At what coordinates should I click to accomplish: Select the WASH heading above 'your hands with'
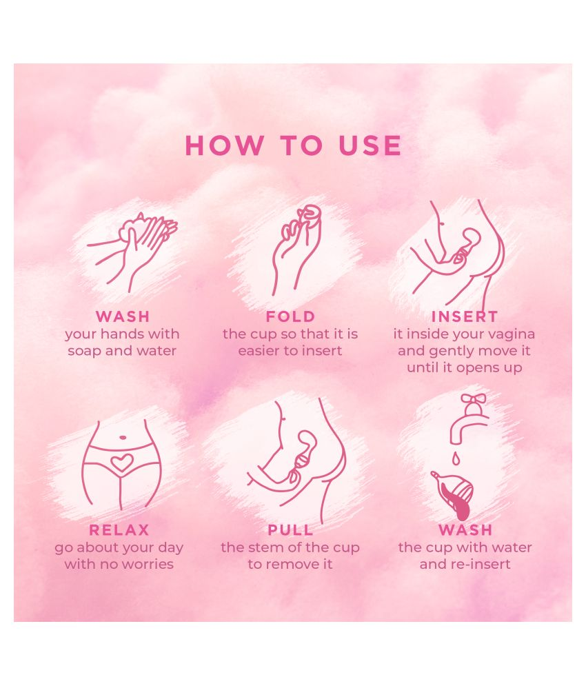(x=122, y=316)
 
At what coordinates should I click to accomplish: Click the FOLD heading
(x=290, y=316)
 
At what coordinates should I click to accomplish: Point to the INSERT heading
(x=464, y=316)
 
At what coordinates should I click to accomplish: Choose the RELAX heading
(x=119, y=530)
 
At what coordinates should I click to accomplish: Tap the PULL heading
(x=290, y=530)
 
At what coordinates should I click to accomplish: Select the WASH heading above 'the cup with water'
(x=465, y=530)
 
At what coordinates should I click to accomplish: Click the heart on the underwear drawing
(x=122, y=463)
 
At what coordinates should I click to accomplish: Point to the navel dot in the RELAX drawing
(x=122, y=436)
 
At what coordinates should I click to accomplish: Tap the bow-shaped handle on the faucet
(x=474, y=399)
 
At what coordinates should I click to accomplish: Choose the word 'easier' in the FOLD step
(x=261, y=350)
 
